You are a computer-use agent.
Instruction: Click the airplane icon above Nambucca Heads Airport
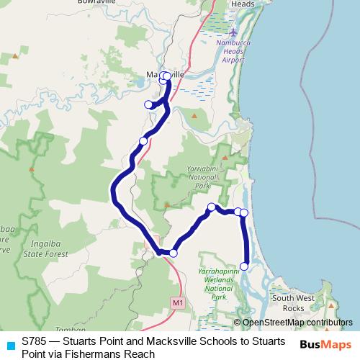pos(234,33)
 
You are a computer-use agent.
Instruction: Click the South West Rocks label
pos(288,303)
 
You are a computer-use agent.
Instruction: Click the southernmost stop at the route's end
pos(244,266)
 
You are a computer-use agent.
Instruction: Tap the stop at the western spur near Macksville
pos(149,104)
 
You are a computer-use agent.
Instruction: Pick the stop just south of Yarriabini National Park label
pos(212,207)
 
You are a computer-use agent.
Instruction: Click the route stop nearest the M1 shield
pos(173,253)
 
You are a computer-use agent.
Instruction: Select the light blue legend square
pos(9,345)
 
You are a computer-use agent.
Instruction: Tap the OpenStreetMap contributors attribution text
pos(297,323)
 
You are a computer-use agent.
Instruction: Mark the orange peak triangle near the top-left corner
pos(15,55)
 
